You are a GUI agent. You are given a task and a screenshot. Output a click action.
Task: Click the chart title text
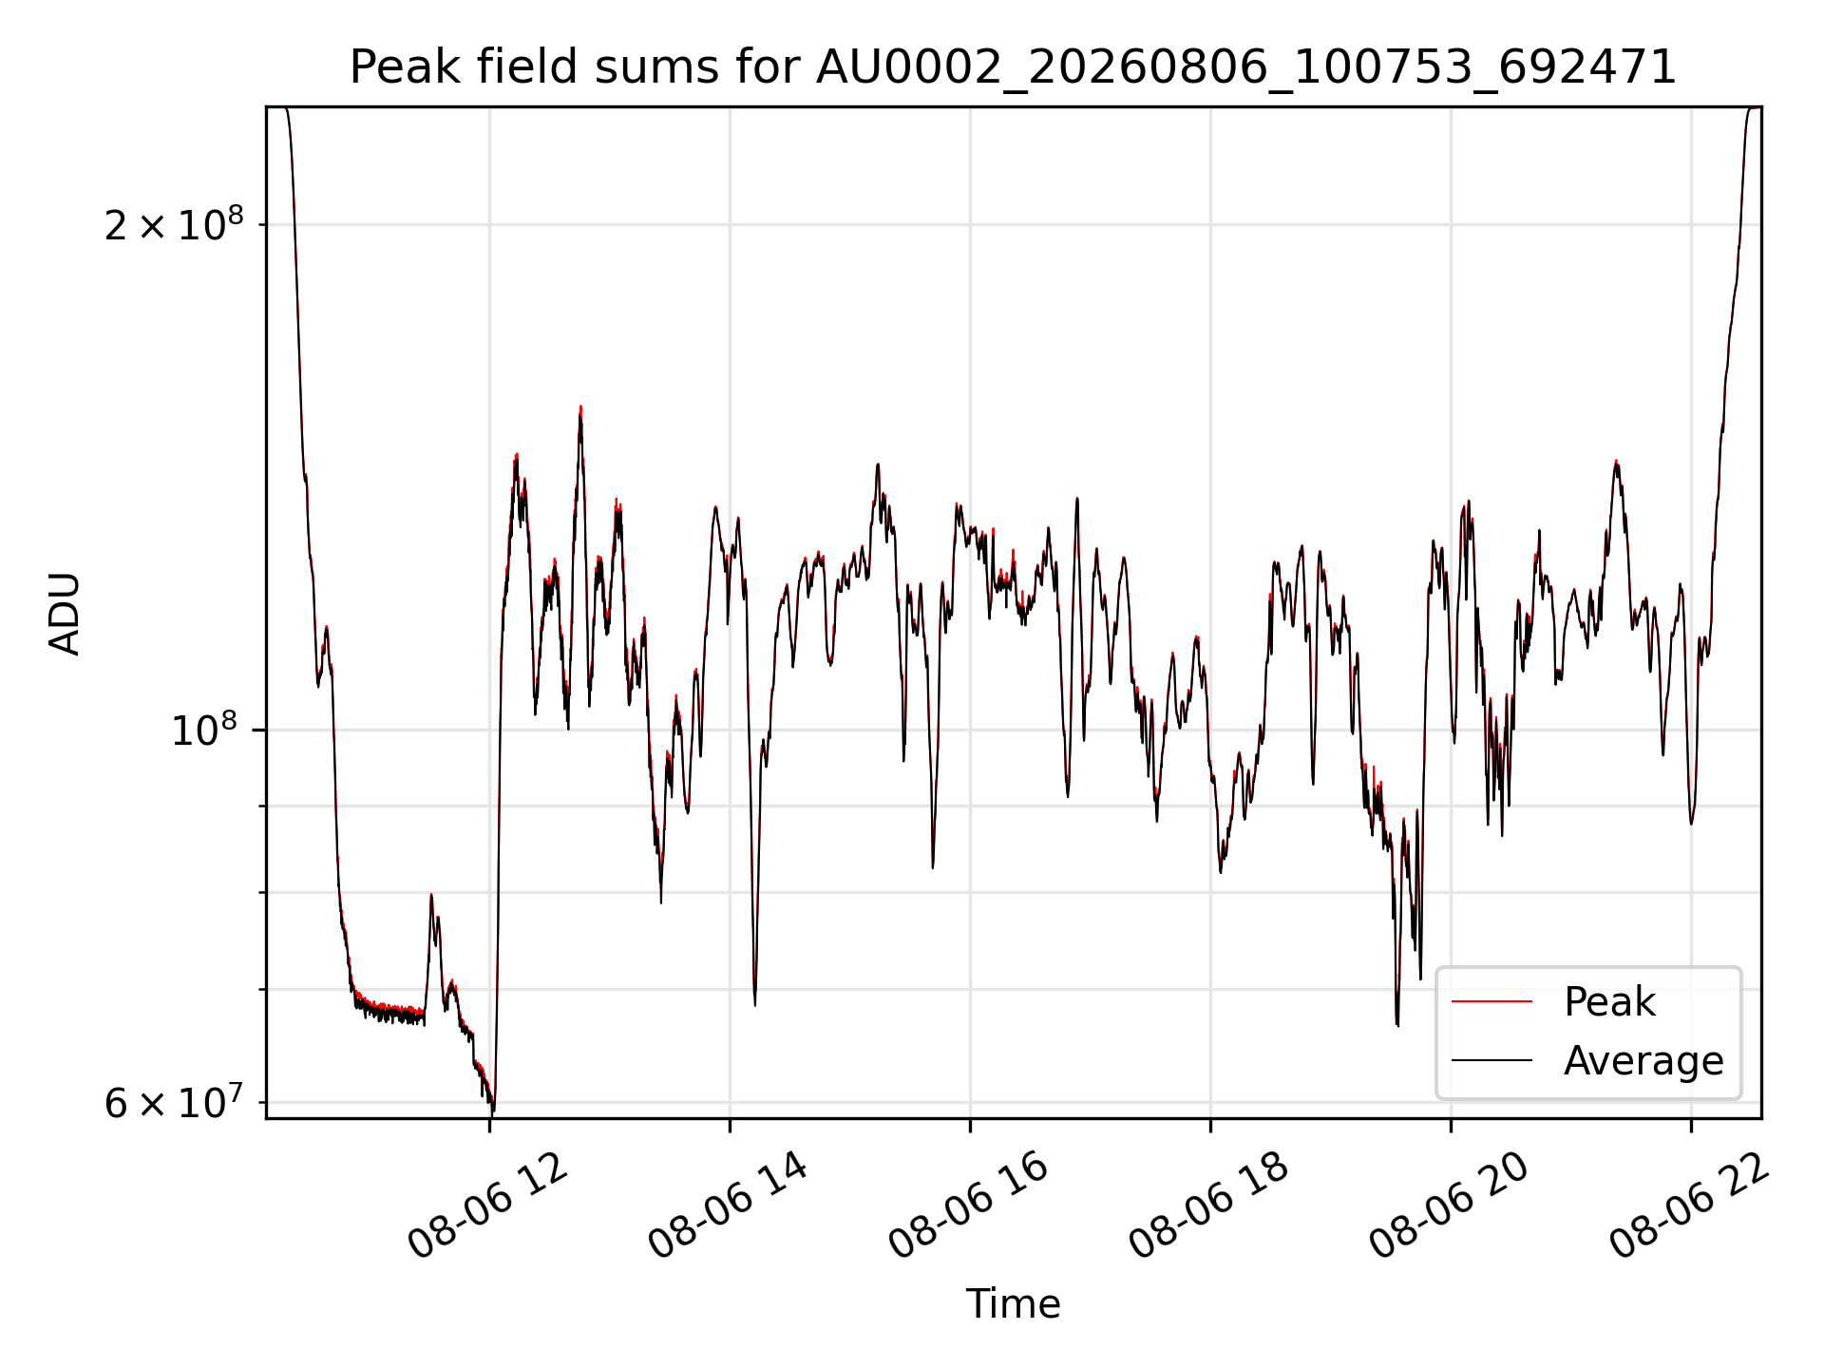(1013, 67)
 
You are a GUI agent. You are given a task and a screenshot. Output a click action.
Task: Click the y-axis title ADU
(65, 613)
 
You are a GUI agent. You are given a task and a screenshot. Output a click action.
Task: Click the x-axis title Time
(1013, 1303)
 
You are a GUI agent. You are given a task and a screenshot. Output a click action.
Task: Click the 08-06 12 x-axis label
(487, 1206)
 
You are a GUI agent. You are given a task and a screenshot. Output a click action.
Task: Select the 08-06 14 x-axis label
(728, 1206)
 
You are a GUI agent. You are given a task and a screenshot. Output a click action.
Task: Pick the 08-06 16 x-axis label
(968, 1206)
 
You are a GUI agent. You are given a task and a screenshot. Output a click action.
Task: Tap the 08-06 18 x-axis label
(1208, 1206)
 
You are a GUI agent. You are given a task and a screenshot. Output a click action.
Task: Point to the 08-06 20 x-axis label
(1449, 1206)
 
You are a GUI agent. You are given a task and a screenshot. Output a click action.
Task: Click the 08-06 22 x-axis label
(1689, 1206)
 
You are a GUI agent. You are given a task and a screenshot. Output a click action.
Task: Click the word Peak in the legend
(1609, 1002)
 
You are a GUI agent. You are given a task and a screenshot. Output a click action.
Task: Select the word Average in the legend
(1643, 1061)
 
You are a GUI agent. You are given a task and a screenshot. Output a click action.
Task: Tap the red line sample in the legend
(1491, 1001)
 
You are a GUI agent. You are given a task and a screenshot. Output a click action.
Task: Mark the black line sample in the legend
(1491, 1060)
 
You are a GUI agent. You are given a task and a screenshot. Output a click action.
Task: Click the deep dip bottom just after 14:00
(755, 1004)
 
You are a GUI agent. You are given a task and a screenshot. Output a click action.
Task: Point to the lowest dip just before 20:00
(1397, 1024)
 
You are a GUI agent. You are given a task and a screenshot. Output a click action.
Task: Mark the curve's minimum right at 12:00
(492, 1110)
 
